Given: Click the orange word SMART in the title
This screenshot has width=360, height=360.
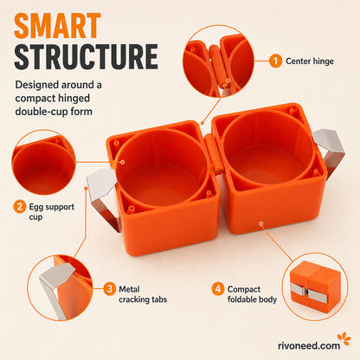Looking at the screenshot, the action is tap(57, 26).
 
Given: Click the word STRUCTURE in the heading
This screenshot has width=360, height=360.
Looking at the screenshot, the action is tap(87, 57).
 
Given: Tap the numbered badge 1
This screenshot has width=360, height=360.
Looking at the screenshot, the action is tap(276, 61).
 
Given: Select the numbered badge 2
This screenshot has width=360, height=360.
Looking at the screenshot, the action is tap(20, 207).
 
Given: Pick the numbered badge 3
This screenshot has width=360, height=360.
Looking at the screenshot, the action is tap(110, 289).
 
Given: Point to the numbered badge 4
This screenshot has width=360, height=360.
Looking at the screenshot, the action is tap(218, 289).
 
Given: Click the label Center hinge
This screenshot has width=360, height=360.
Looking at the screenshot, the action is tap(310, 61).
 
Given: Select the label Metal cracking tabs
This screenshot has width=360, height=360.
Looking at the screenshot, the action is tap(143, 294).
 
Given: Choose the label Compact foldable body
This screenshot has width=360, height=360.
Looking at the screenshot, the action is tap(252, 294).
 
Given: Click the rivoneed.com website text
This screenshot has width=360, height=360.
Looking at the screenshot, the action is tap(309, 345).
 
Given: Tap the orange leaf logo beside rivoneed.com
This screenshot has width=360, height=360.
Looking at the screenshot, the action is tap(344, 338).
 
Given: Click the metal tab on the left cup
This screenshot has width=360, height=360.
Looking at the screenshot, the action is tap(103, 196).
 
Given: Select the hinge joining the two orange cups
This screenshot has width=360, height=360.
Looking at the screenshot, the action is tap(213, 153).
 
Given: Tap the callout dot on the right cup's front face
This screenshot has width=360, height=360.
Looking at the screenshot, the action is tap(261, 223).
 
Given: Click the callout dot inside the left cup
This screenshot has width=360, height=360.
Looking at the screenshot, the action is tap(123, 162).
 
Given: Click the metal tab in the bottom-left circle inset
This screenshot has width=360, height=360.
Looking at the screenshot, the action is tap(54, 286).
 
